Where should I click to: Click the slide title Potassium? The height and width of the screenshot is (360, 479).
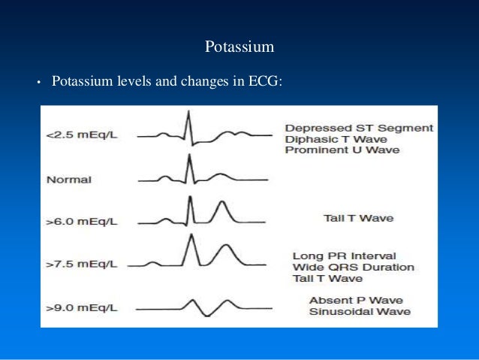[239, 47]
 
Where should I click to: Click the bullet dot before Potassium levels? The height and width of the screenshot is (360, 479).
[37, 81]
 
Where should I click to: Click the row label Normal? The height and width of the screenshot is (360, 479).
[68, 180]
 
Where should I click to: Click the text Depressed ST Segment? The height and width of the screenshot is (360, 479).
[359, 128]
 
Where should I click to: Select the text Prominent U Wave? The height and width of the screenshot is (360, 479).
[342, 150]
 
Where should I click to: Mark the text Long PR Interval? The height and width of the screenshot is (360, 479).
[345, 256]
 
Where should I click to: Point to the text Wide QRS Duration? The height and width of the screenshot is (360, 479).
[353, 268]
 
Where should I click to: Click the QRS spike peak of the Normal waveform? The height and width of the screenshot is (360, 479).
[190, 156]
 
